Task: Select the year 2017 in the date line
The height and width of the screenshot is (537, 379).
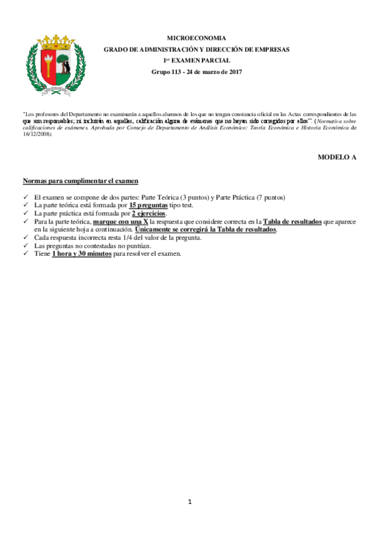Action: pos(235,72)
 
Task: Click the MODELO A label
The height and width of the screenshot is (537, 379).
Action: pos(337,156)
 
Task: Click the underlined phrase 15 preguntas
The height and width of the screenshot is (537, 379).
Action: pos(149,206)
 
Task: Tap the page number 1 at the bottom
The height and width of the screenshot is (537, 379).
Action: pos(189,502)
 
